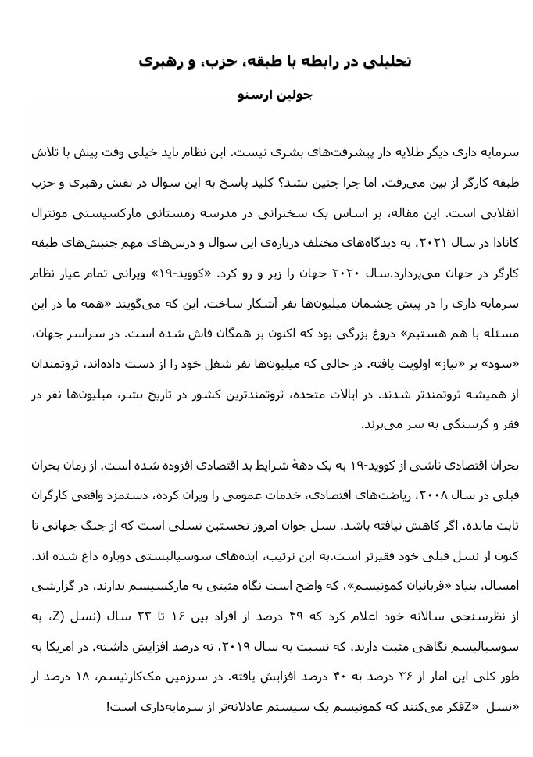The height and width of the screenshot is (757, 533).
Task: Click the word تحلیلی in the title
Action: pos(389,62)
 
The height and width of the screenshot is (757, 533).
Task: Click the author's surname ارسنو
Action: pos(254,96)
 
